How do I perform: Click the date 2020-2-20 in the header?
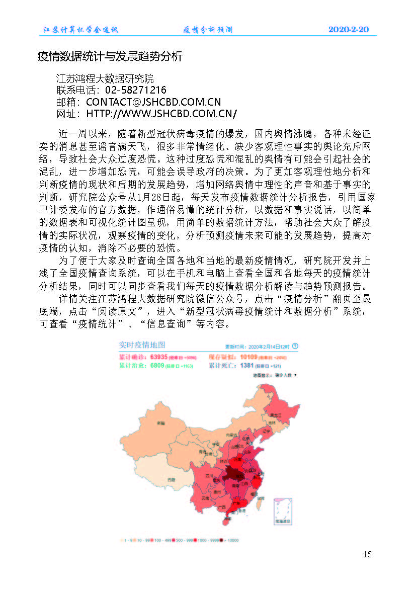point(348,30)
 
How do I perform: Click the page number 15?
point(367,554)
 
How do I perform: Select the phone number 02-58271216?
point(136,90)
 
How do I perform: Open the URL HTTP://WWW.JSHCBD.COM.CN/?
point(161,113)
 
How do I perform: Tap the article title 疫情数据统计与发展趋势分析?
point(110,56)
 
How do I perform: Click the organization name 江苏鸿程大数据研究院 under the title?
point(105,79)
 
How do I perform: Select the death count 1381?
point(246,365)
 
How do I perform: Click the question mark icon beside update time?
point(295,346)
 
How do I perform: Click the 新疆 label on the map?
point(160,423)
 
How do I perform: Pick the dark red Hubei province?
point(233,474)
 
